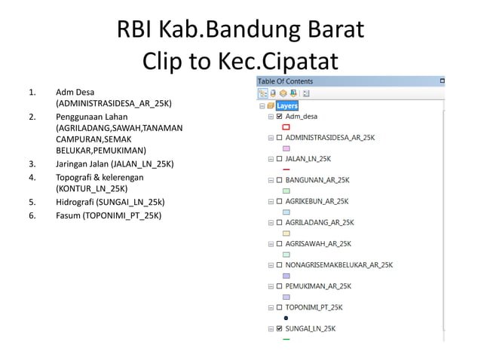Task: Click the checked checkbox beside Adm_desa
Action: (280, 117)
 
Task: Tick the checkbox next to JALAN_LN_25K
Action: (280, 159)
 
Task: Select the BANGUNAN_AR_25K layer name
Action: (317, 180)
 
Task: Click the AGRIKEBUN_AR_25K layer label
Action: (317, 202)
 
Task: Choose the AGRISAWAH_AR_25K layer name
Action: (318, 244)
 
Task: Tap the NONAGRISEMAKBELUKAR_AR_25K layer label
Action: (339, 265)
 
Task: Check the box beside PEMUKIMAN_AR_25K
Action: (280, 286)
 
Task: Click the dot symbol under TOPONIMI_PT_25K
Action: (286, 318)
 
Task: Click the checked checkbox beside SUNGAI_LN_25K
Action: (280, 329)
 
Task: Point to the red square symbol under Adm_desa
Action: (286, 127)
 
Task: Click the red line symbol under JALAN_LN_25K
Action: (286, 169)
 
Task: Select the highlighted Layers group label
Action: (287, 106)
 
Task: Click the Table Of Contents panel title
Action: (285, 81)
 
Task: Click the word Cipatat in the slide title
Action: (299, 62)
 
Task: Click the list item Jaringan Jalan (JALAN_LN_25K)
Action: (115, 163)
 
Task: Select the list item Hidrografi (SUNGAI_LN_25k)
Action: (110, 202)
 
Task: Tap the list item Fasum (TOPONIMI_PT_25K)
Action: (109, 215)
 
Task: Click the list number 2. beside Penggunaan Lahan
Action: (32, 117)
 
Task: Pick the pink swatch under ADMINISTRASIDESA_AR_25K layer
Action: (286, 148)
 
